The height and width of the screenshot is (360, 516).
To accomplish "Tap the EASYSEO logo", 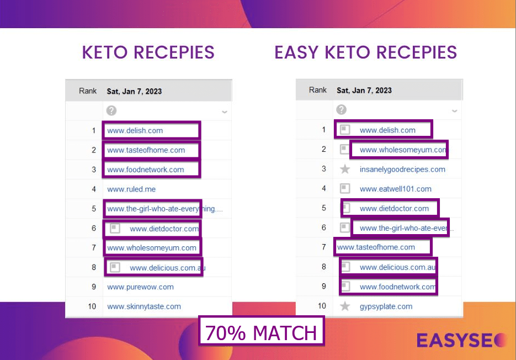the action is [x=462, y=340].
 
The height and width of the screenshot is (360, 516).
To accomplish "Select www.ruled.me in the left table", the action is [x=131, y=189].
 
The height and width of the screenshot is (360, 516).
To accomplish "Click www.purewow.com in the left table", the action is [x=140, y=287].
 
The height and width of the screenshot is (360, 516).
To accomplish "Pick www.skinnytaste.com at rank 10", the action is [x=144, y=306].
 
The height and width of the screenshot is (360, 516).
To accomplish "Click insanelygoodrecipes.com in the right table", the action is [x=402, y=170].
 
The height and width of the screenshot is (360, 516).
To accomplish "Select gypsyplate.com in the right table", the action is [x=386, y=306].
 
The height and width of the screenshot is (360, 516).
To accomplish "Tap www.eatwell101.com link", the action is [x=395, y=189].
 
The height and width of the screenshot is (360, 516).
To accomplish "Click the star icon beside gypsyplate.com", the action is [x=345, y=306].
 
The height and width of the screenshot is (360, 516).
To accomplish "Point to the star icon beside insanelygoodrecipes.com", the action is [x=345, y=170].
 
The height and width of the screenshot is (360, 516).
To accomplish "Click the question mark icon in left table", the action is [x=111, y=110].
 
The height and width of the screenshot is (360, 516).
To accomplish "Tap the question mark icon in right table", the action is [x=342, y=110].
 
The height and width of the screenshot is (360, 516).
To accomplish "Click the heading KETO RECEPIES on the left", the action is [x=148, y=52].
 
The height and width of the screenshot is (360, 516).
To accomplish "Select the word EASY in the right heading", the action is [x=296, y=52].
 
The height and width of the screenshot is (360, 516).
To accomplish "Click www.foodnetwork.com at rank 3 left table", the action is [x=146, y=170].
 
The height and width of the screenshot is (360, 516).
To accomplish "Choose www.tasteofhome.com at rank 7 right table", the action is [x=376, y=247].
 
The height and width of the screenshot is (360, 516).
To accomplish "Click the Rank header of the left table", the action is [x=88, y=91].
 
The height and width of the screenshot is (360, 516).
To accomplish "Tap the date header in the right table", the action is [x=364, y=91].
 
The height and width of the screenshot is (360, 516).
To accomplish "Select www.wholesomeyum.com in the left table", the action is [x=152, y=248].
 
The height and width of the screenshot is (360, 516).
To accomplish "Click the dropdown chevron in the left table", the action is [x=225, y=112].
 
